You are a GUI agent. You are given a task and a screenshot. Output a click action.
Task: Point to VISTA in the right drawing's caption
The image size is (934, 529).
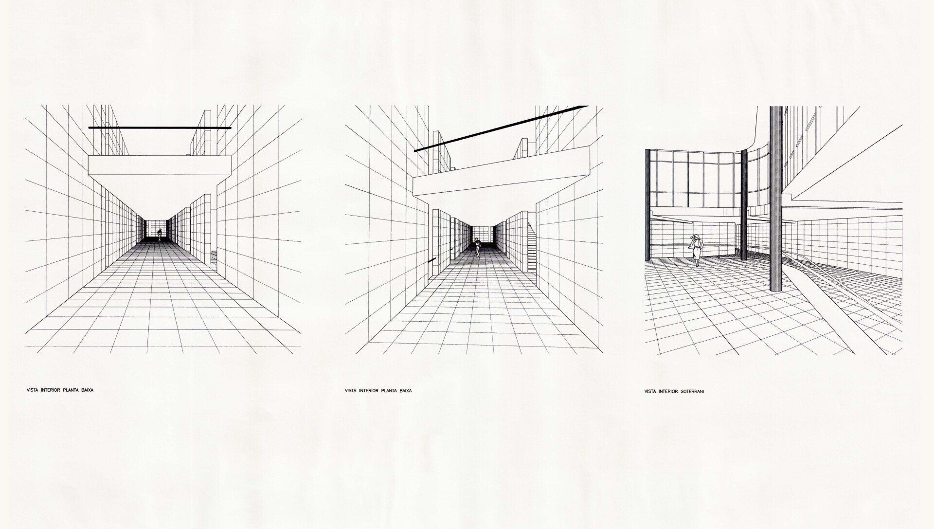tap(650, 391)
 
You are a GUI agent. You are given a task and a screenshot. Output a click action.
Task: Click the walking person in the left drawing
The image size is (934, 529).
tap(159, 235)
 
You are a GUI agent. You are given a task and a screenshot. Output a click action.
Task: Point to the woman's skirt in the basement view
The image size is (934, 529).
tap(696, 252)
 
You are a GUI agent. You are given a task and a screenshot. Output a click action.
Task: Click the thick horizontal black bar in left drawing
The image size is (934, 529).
tap(160, 128)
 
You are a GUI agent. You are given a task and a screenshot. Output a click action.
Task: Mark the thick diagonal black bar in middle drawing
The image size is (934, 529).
tap(501, 128)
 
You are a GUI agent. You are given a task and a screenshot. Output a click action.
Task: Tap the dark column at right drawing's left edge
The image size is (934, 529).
tap(647, 204)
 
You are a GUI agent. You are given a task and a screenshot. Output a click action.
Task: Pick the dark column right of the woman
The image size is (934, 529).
tap(743, 204)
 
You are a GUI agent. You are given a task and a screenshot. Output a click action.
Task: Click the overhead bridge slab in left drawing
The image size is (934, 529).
tap(159, 165)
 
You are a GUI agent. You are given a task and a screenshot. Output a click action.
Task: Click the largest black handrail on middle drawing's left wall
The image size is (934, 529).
tap(431, 261)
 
